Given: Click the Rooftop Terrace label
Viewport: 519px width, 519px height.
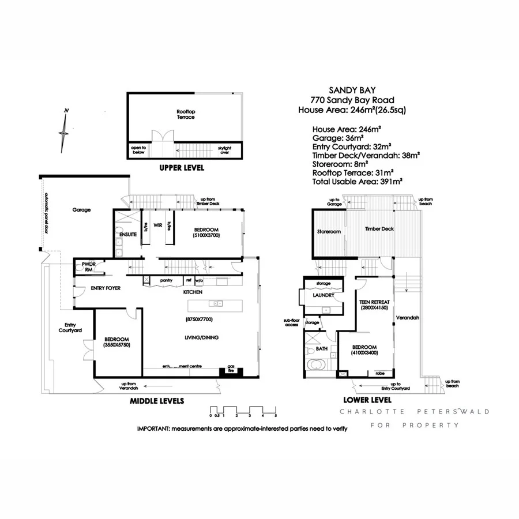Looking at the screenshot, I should [x=186, y=114].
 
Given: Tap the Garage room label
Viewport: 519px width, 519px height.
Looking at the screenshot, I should [x=82, y=210].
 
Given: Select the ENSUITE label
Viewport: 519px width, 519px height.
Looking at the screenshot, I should [x=127, y=235].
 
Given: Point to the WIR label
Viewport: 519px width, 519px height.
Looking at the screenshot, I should [x=157, y=225].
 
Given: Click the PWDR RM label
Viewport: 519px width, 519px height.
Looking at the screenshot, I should [x=84, y=267].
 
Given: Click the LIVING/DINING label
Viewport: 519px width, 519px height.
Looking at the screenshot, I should [x=201, y=337].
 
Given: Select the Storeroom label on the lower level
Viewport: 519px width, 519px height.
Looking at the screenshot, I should [x=329, y=231].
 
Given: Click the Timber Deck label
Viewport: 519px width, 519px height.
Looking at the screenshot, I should [x=379, y=229].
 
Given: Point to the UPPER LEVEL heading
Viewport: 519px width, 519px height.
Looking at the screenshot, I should [x=182, y=168].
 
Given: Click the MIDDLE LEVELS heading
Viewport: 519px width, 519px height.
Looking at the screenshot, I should [x=157, y=400].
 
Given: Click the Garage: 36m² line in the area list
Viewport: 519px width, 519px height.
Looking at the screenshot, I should [x=337, y=138].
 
